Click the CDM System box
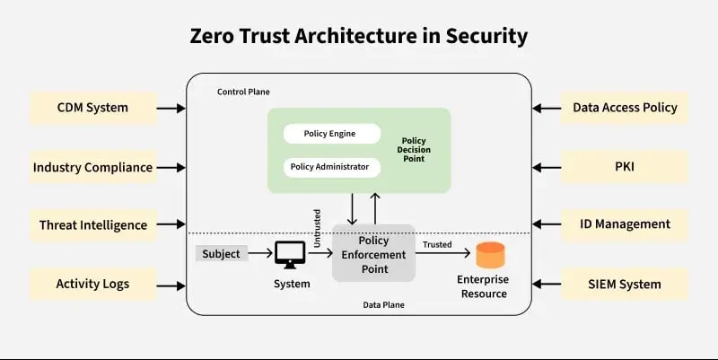92,108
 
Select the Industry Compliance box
92,167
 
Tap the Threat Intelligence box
92,224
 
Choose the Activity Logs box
92,284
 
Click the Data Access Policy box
625,108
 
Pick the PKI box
625,167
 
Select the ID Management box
625,224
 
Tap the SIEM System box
625,284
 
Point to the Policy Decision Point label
413,150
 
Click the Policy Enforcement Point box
373,253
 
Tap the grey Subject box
221,254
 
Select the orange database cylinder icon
490,256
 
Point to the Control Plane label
243,92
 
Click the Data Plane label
383,304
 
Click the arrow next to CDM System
171,108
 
